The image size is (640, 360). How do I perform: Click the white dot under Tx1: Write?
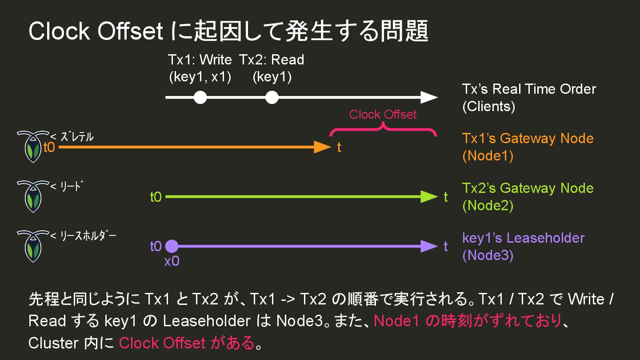pos(200,97)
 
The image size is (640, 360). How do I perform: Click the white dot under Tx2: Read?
pos(272,97)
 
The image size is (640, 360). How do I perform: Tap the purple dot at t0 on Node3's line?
pos(172,246)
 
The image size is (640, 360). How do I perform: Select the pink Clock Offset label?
pos(383,115)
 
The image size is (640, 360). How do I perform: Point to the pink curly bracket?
pos(383,129)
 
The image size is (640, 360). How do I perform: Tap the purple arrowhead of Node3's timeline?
pos(429,246)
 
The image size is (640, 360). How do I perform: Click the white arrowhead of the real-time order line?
pos(429,97)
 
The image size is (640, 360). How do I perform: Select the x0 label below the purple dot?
pos(172,261)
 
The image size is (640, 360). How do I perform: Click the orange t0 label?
pos(49,147)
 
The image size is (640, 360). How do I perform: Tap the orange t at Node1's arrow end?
pos(339,148)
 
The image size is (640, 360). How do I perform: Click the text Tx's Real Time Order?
pos(529,89)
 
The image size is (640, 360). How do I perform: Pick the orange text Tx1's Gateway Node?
pos(528,138)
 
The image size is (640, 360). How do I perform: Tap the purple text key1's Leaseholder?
pos(523,238)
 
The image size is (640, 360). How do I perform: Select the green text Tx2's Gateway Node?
pos(528,188)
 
